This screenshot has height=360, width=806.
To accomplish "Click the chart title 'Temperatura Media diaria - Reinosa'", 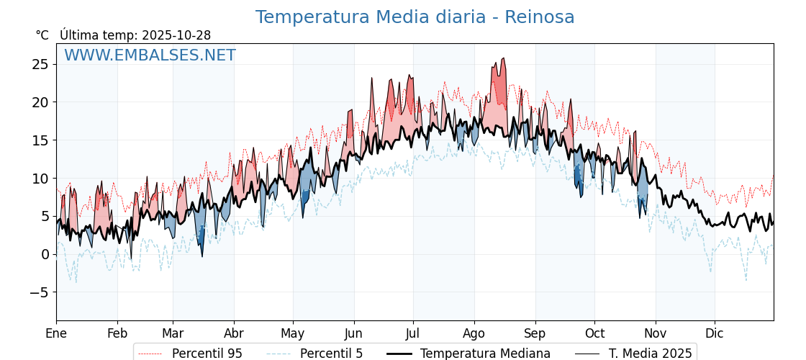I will point(415,17).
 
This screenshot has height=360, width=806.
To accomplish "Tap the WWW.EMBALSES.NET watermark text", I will point(150,55).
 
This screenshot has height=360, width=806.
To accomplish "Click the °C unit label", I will point(42,35).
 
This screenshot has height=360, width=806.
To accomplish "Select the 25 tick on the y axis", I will point(40,65).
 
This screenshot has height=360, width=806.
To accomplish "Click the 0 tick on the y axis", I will point(45,254).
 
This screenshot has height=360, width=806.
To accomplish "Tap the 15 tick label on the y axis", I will point(40,140).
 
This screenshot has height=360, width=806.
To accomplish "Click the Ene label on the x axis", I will point(56,333).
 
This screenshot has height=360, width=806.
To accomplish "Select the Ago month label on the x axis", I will point(474,333).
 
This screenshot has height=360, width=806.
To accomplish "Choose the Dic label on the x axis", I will point(715,333).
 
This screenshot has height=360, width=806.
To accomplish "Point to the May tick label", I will point(293,333).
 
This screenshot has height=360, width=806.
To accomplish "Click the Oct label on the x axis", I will point(594,333).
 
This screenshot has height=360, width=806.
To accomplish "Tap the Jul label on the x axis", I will point(413,333).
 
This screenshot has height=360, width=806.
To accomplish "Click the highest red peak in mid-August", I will point(504,59).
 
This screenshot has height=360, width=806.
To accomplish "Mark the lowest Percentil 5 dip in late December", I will point(746,280).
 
